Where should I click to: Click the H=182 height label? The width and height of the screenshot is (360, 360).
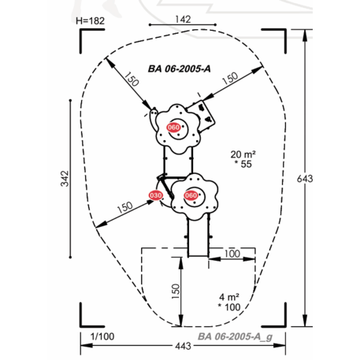(x=90, y=20)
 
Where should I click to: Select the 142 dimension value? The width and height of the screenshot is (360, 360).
(x=183, y=19)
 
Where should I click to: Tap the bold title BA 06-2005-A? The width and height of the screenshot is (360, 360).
(x=180, y=69)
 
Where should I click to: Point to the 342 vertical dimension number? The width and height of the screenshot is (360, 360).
(x=65, y=179)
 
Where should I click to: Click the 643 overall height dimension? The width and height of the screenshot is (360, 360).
(x=305, y=179)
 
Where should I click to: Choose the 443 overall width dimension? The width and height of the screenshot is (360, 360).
(x=183, y=346)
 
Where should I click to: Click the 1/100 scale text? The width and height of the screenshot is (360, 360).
(x=102, y=336)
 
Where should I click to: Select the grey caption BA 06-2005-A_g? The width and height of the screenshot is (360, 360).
(x=235, y=336)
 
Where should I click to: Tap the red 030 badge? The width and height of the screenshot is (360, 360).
(x=156, y=195)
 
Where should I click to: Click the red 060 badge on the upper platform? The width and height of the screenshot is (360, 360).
(x=173, y=128)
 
